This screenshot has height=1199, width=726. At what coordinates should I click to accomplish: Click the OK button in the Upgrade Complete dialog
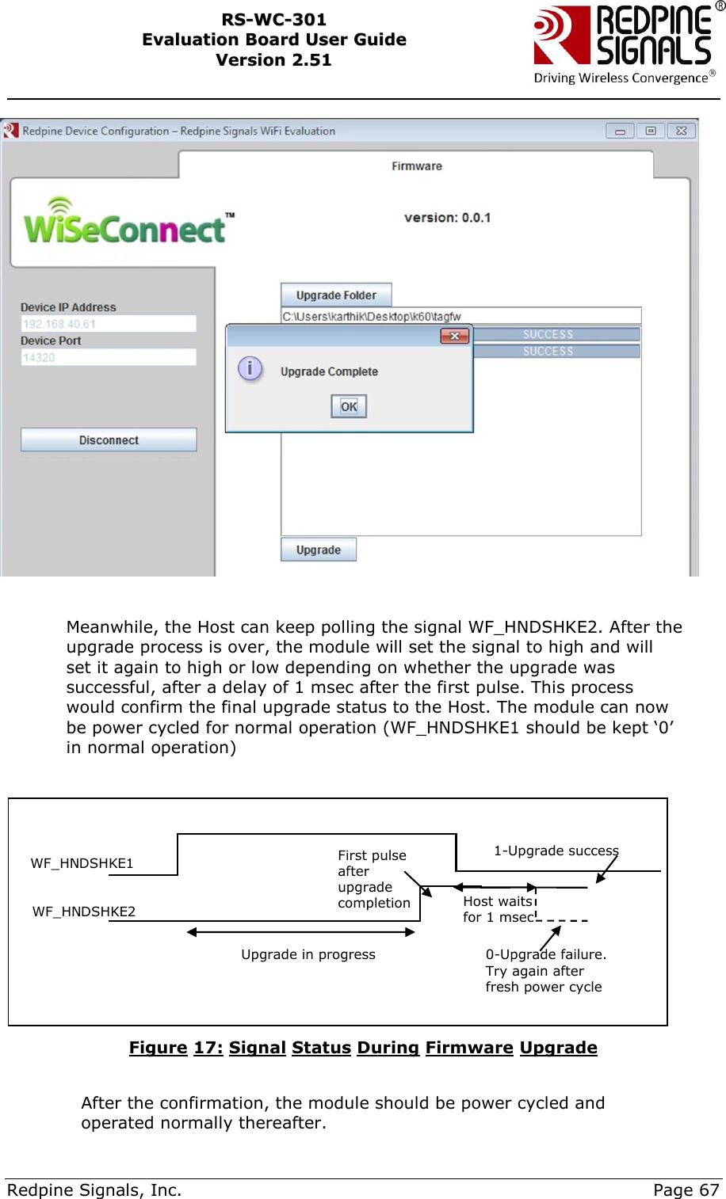[349, 406]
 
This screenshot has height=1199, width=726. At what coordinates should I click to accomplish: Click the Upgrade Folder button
[336, 295]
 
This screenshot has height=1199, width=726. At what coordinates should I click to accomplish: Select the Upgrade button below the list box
[319, 550]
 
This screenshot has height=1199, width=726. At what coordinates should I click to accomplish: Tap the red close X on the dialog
[455, 337]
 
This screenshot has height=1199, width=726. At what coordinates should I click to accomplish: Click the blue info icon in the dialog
[250, 368]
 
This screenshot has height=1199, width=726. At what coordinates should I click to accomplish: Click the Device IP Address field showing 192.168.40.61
[109, 324]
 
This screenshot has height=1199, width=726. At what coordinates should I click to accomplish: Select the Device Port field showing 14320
[109, 357]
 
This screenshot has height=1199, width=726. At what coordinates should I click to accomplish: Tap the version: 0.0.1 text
[447, 218]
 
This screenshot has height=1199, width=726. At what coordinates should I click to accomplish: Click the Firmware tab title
[417, 166]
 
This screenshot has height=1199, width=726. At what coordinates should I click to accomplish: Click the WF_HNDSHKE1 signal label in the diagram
[82, 863]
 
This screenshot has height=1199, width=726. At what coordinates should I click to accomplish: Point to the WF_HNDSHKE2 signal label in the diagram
[84, 912]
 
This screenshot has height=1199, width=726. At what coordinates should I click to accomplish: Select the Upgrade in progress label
[308, 954]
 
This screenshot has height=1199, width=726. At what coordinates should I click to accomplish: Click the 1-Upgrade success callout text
[556, 851]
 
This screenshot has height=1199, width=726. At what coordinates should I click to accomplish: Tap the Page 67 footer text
[686, 1189]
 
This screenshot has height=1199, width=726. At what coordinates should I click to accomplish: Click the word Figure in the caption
[159, 1048]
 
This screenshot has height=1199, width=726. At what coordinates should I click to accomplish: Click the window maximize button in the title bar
[651, 131]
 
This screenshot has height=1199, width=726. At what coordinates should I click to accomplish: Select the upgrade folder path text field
[460, 316]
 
